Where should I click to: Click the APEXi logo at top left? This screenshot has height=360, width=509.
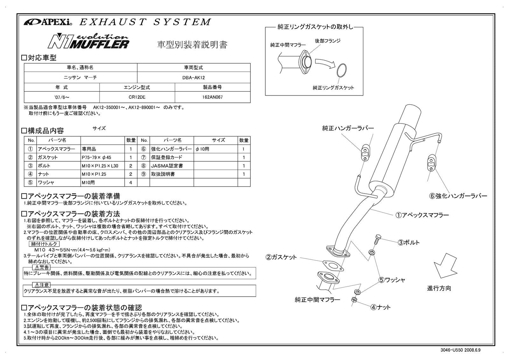click(48, 22)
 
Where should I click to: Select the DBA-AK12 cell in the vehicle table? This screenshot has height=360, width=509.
click(193, 77)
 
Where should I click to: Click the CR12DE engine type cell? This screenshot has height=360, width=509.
click(137, 97)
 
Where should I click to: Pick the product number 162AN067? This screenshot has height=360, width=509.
click(212, 97)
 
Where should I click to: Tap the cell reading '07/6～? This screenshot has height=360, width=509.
click(62, 97)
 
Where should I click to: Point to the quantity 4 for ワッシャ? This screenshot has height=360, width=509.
click(130, 182)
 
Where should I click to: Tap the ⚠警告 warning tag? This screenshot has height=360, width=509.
click(42, 267)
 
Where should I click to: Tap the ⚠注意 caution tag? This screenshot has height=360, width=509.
click(42, 285)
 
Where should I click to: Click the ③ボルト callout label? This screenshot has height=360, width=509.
click(408, 243)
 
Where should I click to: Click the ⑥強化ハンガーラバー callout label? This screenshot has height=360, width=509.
click(458, 196)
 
